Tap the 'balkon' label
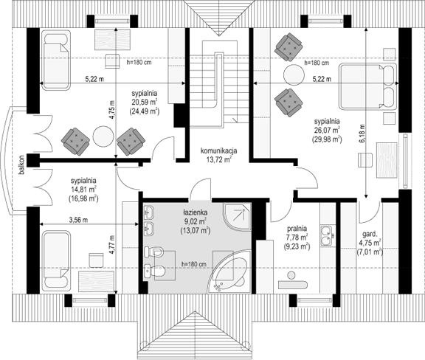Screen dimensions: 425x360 click(x=21, y=165)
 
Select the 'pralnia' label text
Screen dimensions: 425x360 click(x=297, y=229)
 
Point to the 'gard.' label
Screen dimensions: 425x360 click(x=370, y=234)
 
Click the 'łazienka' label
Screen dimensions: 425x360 click(x=195, y=212)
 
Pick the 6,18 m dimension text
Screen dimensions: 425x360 click(x=363, y=133)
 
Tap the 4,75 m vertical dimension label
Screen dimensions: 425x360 click(x=112, y=109)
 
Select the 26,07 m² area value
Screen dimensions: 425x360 click(x=327, y=130)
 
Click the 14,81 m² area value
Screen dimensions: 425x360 click(x=83, y=189)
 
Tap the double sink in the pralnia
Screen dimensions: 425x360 click(x=328, y=235)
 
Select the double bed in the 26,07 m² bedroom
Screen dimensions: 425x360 click(x=367, y=86)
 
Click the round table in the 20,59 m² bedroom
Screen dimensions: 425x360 click(x=103, y=136)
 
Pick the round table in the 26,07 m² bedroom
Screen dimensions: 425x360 click(x=294, y=75)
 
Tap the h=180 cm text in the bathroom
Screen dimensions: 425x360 click(x=193, y=264)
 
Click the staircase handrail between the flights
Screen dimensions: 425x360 click(x=220, y=80)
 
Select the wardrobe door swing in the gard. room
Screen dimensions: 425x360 click(x=369, y=212)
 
